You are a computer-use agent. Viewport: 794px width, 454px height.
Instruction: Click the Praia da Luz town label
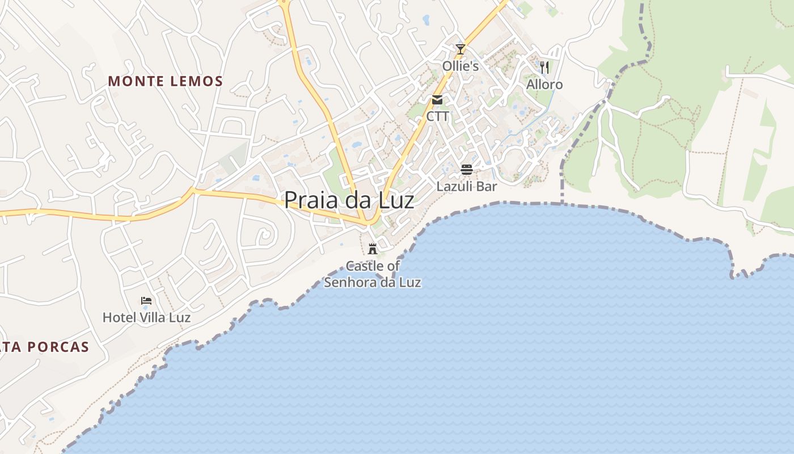(349, 200)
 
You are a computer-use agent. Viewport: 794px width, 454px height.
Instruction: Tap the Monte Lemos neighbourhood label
(166, 81)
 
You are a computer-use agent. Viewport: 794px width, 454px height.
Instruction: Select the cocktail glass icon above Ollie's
(461, 49)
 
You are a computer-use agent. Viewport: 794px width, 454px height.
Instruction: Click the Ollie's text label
(461, 66)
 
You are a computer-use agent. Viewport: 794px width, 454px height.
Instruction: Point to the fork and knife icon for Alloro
(544, 68)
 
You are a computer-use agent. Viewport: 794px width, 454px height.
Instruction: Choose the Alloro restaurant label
(544, 85)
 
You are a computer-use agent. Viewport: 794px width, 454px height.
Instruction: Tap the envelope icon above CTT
(437, 100)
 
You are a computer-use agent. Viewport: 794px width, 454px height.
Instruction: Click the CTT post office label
(437, 117)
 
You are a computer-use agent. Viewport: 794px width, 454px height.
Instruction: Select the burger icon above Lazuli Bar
(467, 169)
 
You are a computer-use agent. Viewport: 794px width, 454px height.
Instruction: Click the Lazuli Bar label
(467, 186)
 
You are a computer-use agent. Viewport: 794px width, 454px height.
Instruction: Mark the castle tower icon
(373, 249)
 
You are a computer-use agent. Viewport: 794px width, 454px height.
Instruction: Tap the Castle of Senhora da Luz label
(373, 274)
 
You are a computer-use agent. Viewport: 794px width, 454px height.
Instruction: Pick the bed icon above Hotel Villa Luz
(146, 300)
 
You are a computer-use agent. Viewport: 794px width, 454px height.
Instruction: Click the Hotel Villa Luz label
(146, 317)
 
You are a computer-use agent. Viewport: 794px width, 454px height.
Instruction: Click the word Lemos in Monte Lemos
(196, 81)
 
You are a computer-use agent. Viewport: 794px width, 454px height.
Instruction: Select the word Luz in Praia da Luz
(396, 200)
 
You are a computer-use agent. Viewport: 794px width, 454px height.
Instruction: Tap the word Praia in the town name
(311, 200)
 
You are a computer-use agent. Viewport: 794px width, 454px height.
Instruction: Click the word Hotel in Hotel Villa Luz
(117, 317)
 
